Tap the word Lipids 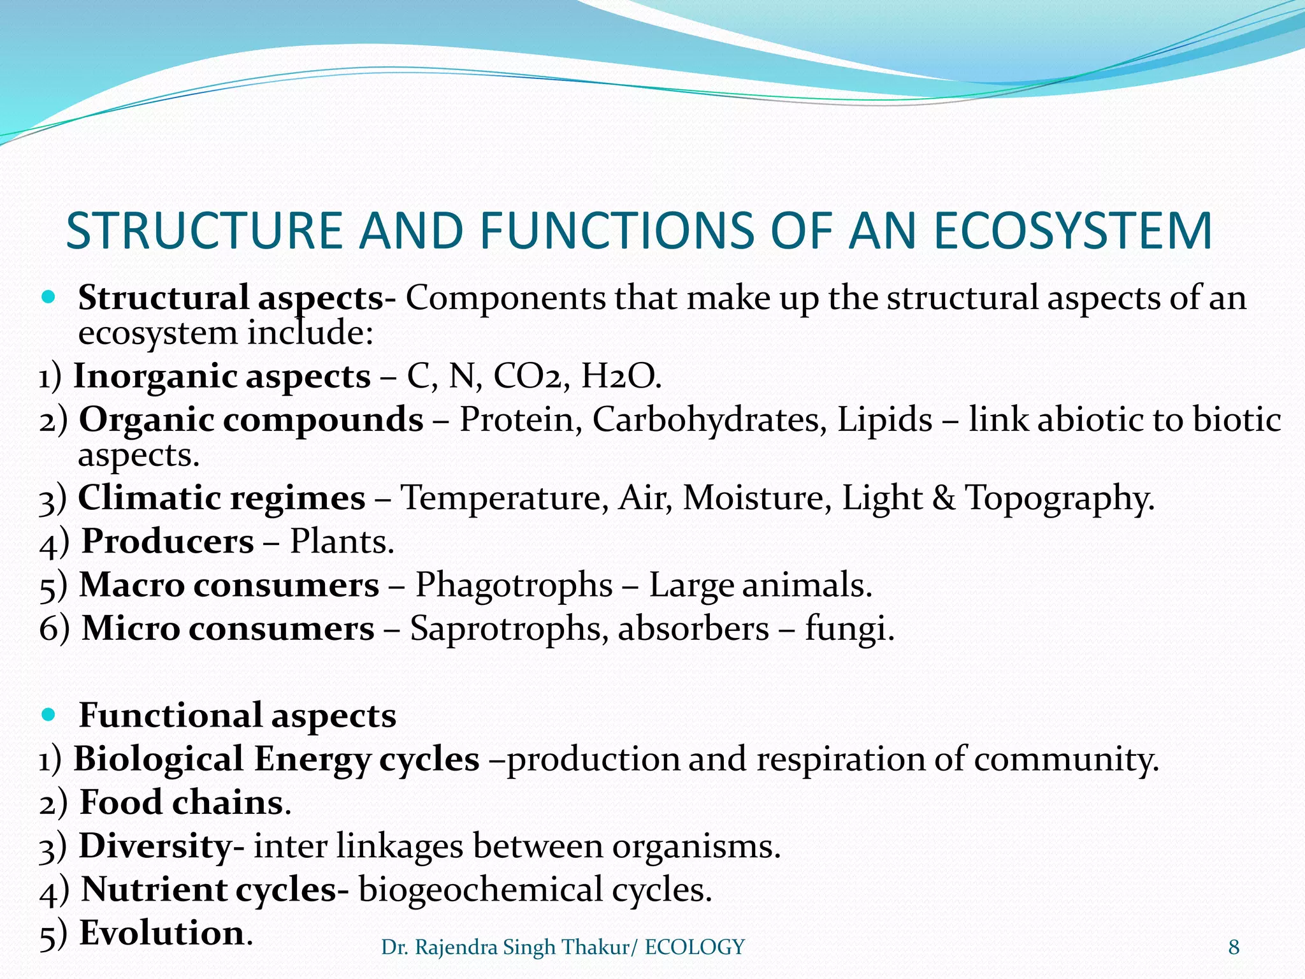click(884, 421)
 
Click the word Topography click(1060, 498)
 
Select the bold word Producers click(168, 542)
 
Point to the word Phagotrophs click(514, 585)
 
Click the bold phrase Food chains click(182, 802)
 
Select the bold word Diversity click(155, 846)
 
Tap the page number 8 click(1234, 948)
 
